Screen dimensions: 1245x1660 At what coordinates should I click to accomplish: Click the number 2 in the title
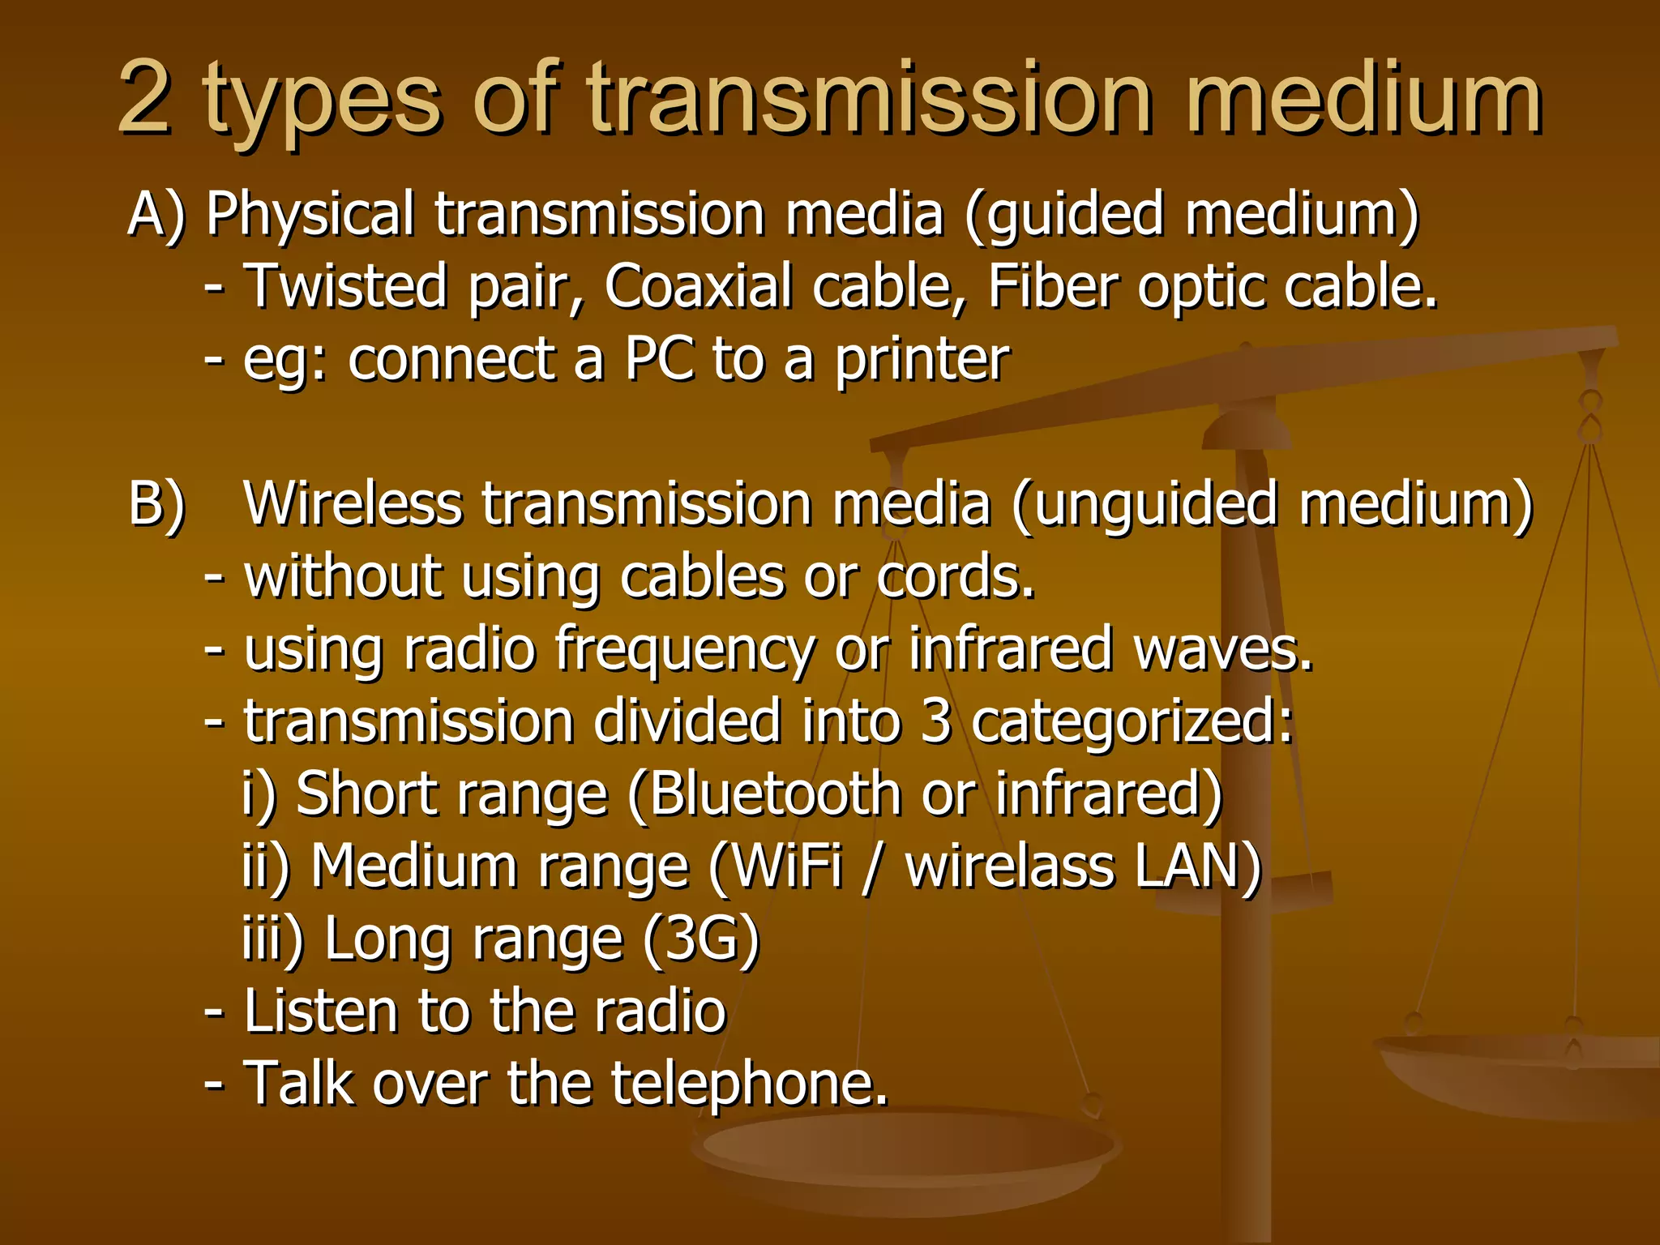(144, 99)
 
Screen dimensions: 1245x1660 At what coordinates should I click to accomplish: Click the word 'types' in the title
(322, 104)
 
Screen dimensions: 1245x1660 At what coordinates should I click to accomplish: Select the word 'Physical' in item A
(310, 216)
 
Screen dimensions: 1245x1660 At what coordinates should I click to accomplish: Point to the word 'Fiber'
(1053, 287)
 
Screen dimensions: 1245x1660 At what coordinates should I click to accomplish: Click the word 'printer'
(922, 360)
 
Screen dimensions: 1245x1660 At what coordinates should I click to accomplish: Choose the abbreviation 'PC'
(659, 358)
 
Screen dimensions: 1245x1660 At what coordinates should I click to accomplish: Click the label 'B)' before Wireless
(157, 506)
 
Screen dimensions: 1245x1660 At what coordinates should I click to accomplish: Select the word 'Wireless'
(353, 504)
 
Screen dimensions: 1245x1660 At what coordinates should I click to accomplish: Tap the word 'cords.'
(956, 577)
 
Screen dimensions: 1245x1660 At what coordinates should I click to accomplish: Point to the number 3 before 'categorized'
(935, 721)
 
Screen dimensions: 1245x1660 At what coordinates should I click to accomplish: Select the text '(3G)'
(701, 940)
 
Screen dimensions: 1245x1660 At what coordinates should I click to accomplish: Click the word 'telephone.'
(750, 1085)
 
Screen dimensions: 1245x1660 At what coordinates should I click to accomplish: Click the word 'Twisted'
(345, 287)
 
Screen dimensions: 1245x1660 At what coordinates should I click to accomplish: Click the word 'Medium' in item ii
(413, 866)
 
